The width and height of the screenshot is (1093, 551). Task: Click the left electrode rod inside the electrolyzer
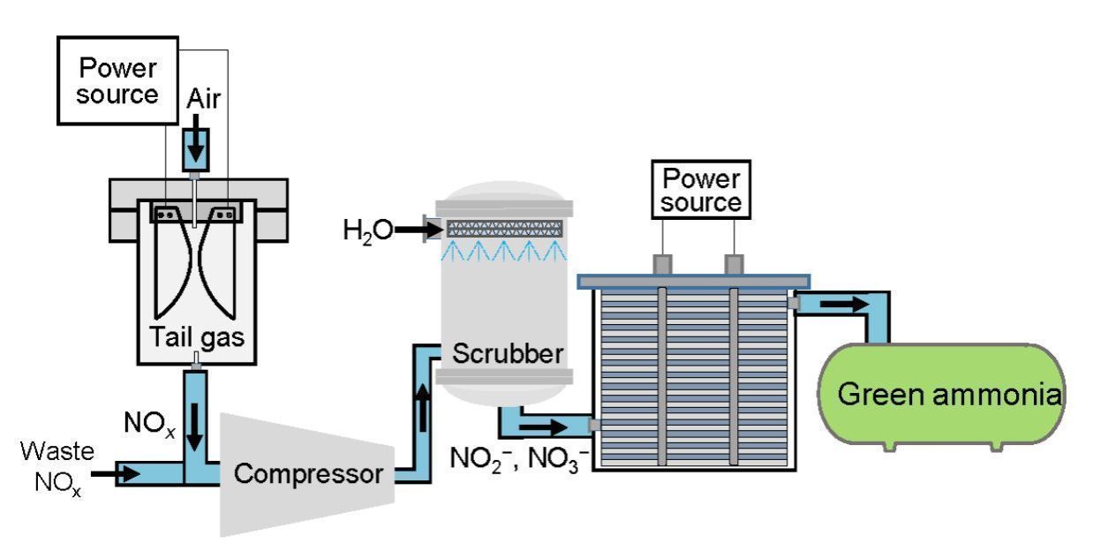[662, 375]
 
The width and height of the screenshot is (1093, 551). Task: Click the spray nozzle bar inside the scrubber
[506, 228]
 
